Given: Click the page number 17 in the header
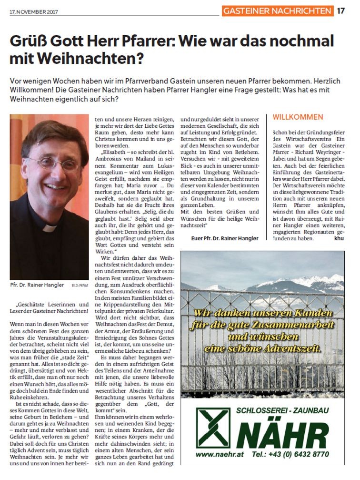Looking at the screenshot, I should pyautogui.click(x=341, y=10).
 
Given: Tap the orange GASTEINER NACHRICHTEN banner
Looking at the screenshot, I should pyautogui.click(x=278, y=10).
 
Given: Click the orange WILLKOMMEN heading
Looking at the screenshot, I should pyautogui.click(x=298, y=117).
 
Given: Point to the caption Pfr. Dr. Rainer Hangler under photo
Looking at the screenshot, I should pyautogui.click(x=37, y=285).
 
